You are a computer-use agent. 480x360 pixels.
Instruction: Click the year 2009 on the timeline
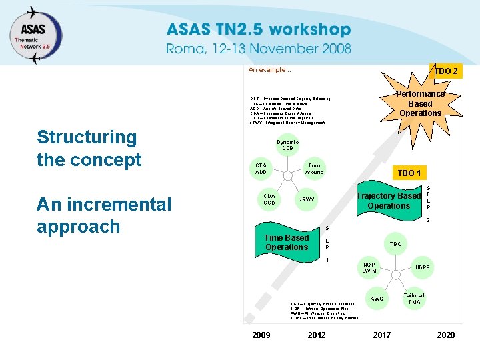(x=261, y=335)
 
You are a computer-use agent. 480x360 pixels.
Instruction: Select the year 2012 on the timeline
(x=317, y=335)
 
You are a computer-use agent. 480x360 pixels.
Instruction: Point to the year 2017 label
(x=381, y=335)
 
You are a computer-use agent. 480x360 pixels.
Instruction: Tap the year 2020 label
(x=445, y=335)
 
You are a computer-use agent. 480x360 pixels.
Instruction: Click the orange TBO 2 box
(x=445, y=71)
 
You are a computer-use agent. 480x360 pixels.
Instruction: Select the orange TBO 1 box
(x=409, y=173)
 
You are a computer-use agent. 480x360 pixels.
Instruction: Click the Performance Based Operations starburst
(x=420, y=103)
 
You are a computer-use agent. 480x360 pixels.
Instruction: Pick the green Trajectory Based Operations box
(x=389, y=201)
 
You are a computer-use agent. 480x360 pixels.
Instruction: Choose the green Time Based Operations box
(x=287, y=243)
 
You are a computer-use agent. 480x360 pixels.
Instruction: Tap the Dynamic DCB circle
(x=287, y=145)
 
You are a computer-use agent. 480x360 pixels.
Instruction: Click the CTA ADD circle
(x=261, y=169)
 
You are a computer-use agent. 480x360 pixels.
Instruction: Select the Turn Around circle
(x=314, y=169)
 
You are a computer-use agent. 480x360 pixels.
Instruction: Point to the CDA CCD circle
(x=269, y=199)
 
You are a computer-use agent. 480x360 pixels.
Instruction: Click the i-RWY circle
(x=306, y=199)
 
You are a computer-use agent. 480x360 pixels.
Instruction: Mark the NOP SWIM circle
(x=369, y=268)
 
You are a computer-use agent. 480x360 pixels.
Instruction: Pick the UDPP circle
(x=422, y=268)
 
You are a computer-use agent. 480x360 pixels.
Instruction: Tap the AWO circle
(x=377, y=299)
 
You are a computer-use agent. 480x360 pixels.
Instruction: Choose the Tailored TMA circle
(x=414, y=299)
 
